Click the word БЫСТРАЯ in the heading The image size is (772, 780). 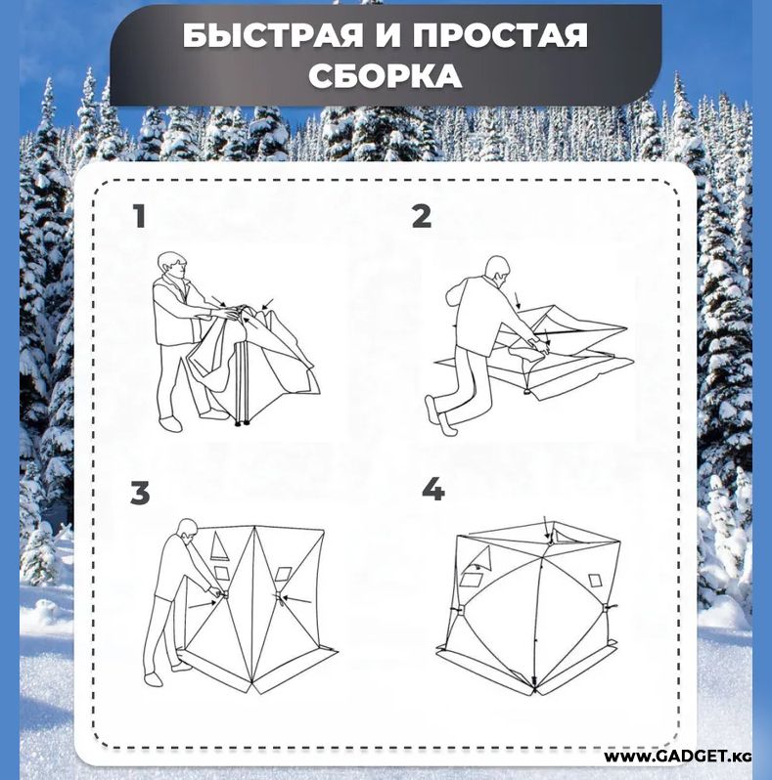click(272, 36)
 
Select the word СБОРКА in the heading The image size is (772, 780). click(385, 76)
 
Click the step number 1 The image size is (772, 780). click(140, 216)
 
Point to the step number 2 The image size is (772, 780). click(422, 216)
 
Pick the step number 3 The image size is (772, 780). click(140, 493)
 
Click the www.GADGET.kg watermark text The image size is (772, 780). click(677, 757)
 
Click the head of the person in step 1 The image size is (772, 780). click(172, 267)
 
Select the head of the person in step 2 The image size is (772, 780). click(498, 271)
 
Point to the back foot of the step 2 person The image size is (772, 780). click(435, 412)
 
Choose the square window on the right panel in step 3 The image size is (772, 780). click(283, 574)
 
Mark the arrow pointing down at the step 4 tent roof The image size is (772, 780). click(547, 528)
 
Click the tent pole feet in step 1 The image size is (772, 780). click(242, 424)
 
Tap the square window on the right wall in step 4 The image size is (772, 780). click(595, 581)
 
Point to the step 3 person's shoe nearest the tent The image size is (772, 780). click(181, 667)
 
